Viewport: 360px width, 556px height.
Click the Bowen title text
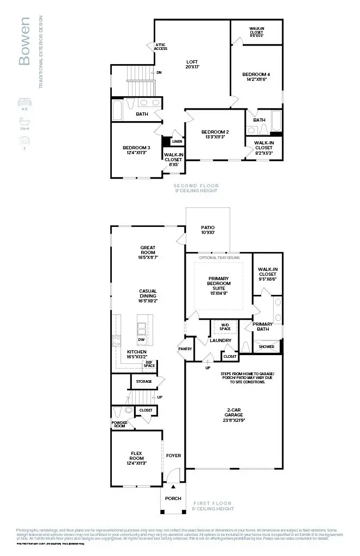tap(24, 41)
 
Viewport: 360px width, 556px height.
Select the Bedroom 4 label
tap(256, 77)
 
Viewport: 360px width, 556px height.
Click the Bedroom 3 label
tap(136, 150)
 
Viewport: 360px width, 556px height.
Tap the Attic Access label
tap(161, 47)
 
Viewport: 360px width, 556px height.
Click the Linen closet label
tap(177, 142)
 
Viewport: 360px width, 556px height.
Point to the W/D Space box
tap(225, 327)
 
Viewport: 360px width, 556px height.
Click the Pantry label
tap(185, 349)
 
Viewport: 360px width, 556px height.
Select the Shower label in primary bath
tap(267, 346)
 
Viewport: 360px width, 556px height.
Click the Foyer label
tap(173, 456)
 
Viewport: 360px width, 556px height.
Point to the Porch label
tap(173, 498)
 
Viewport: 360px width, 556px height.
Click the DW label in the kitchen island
tap(141, 340)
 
